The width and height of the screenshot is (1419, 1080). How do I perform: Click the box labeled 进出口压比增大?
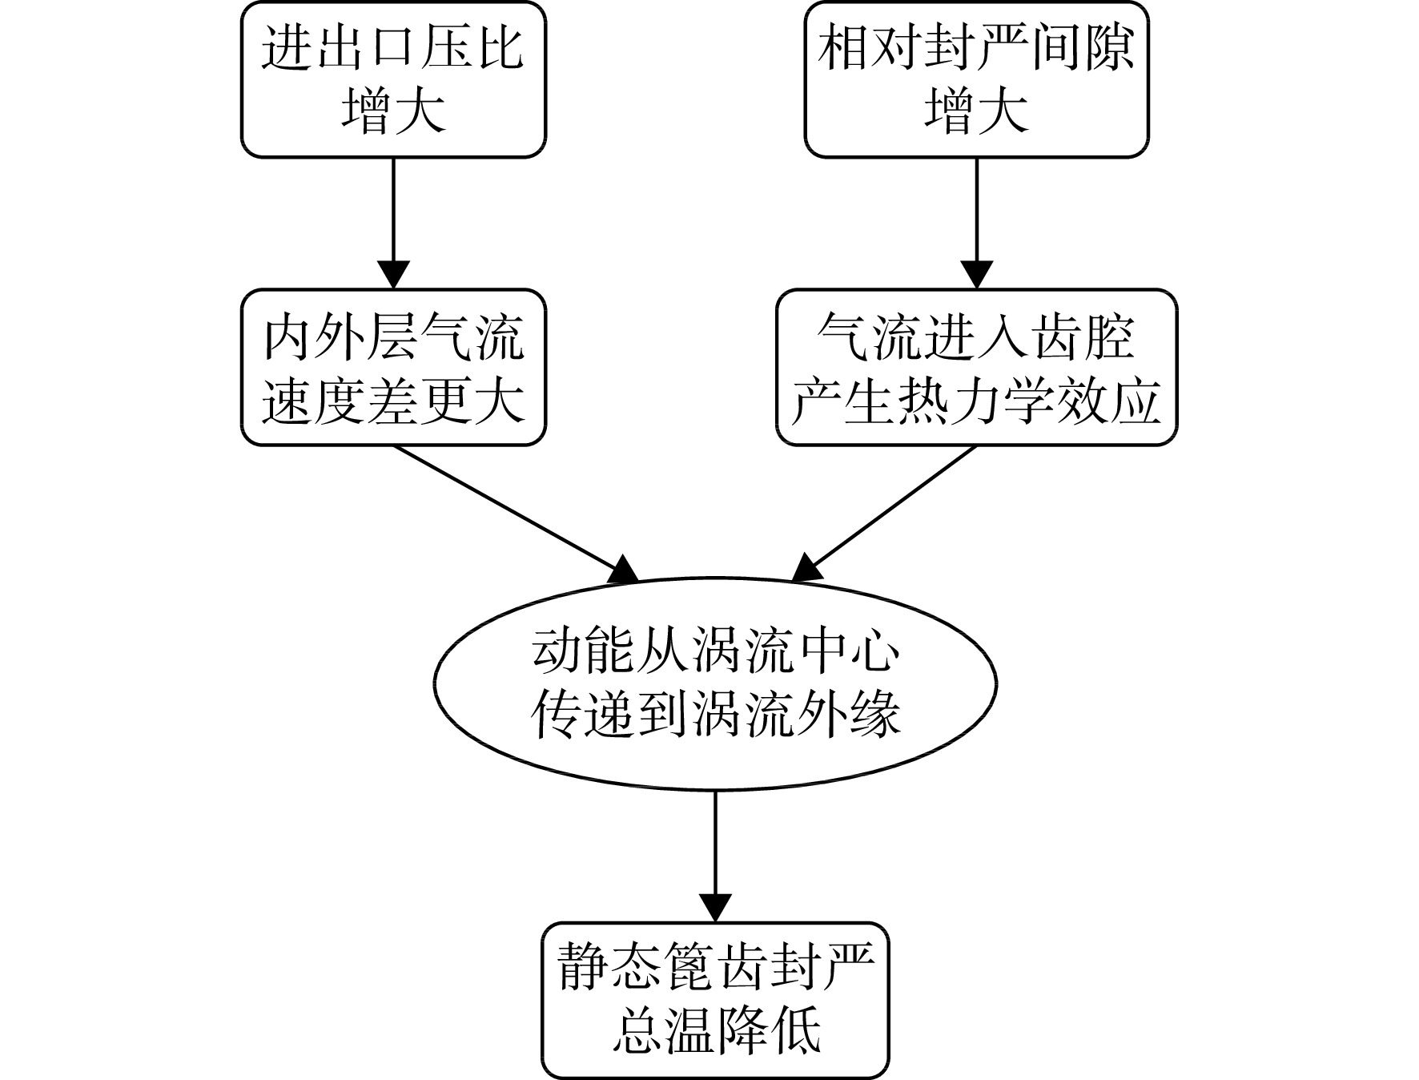[393, 79]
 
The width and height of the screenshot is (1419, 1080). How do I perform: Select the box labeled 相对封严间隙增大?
[977, 79]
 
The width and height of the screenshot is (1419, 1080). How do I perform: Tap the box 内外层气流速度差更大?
[393, 367]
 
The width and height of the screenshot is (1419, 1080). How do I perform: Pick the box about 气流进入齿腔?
[977, 367]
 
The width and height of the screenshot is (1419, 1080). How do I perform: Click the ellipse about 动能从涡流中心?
[715, 683]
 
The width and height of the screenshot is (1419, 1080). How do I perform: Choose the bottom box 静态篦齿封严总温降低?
[715, 1000]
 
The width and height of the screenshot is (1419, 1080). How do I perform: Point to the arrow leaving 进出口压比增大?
[393, 223]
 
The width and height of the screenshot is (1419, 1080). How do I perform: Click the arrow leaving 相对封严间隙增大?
[977, 223]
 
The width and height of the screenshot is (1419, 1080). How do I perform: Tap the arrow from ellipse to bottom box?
[715, 856]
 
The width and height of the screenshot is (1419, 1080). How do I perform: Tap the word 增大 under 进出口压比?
[393, 110]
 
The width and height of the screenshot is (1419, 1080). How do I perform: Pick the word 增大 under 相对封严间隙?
[977, 110]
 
